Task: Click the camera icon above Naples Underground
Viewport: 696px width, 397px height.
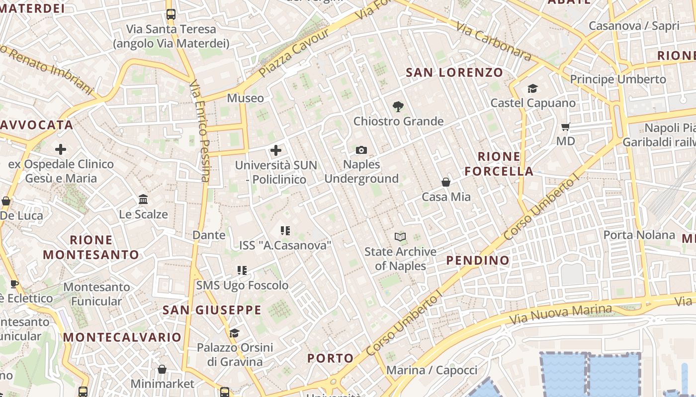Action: pos(361,150)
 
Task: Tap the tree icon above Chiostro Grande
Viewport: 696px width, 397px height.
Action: pos(398,106)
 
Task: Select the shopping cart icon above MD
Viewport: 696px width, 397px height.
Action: pos(565,126)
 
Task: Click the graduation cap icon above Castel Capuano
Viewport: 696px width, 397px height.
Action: pos(533,88)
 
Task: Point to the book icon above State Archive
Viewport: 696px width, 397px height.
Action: pos(400,237)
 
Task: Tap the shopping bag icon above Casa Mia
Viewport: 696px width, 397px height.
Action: pos(446,182)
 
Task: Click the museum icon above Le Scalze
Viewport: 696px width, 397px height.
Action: pos(143,199)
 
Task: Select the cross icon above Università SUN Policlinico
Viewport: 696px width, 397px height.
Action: pos(276,150)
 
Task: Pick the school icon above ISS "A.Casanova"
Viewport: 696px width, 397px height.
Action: pos(285,230)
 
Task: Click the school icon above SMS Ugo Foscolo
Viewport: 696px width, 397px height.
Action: pos(242,270)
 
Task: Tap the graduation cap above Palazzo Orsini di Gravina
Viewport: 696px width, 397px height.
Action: pos(234,333)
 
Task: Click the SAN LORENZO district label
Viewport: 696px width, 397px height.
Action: pos(454,72)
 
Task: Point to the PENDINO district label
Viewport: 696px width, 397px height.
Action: pos(478,260)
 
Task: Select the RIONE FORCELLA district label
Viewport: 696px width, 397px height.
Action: pos(499,164)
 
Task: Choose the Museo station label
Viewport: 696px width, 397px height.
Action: pos(246,98)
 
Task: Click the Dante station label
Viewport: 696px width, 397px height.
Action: pos(209,235)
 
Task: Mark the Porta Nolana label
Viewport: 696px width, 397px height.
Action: pos(639,235)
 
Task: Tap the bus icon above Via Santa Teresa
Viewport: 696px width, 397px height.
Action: pos(171,14)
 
